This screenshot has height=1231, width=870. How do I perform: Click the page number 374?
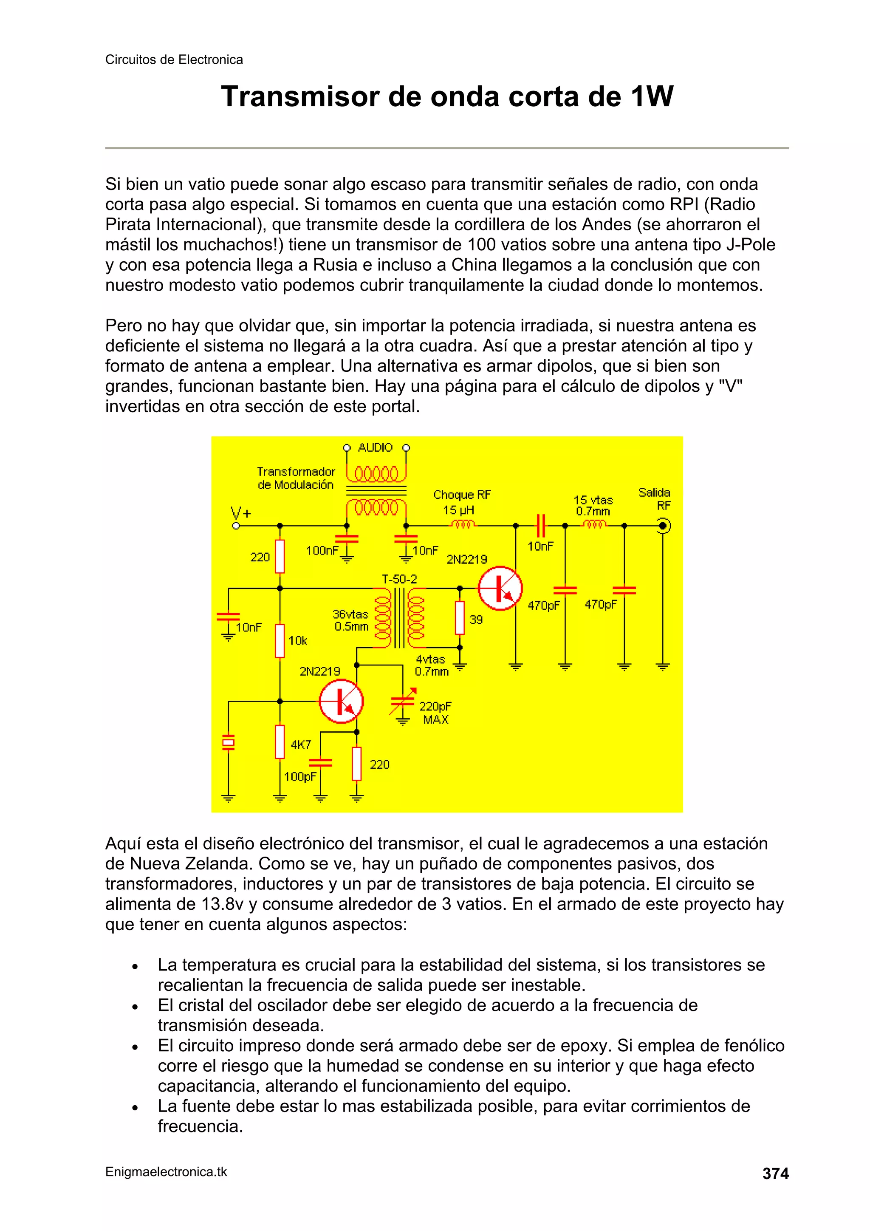pos(775,1174)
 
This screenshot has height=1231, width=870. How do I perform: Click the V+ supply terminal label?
pos(241,512)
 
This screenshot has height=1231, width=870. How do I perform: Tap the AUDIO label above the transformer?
pos(375,447)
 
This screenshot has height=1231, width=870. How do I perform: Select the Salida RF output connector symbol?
pos(663,526)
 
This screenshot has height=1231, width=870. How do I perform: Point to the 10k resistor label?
pos(298,641)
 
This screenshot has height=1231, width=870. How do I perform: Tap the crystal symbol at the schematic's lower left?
pos(229,743)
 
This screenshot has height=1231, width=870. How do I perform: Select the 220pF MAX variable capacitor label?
pos(435,713)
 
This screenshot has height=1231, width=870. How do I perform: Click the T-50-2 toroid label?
pos(399,579)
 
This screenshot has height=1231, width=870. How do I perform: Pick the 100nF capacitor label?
pos(322,551)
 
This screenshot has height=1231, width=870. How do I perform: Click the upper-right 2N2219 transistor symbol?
pos(500,588)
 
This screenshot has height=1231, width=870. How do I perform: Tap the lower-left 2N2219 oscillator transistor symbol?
pos(341,701)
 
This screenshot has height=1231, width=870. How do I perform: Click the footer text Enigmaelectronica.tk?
pos(166,1172)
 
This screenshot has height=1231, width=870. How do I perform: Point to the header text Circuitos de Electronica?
pos(174,59)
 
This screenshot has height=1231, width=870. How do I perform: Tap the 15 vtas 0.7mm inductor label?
pos(593,506)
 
